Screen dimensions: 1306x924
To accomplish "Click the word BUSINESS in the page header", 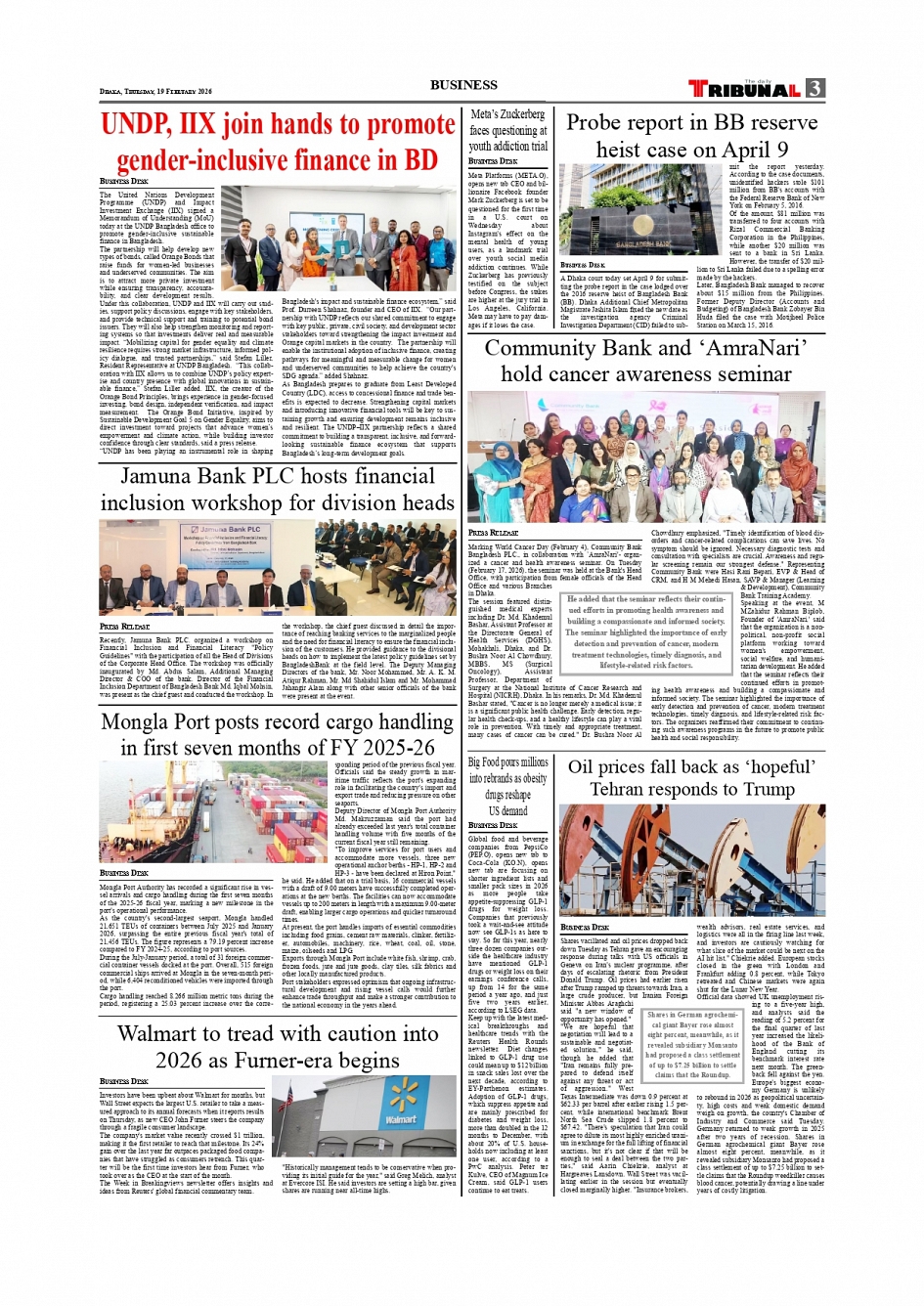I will coord(463,85).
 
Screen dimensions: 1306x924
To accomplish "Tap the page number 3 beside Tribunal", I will coord(814,89).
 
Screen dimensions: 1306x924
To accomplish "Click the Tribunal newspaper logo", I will coord(745,89).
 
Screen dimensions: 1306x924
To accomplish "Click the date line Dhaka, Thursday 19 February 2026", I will coord(155,91).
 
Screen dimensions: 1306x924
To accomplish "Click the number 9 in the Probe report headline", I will coord(781,150).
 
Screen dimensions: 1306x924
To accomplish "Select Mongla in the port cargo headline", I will coord(144,722).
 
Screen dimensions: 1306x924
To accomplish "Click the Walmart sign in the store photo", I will coord(400,1118).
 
